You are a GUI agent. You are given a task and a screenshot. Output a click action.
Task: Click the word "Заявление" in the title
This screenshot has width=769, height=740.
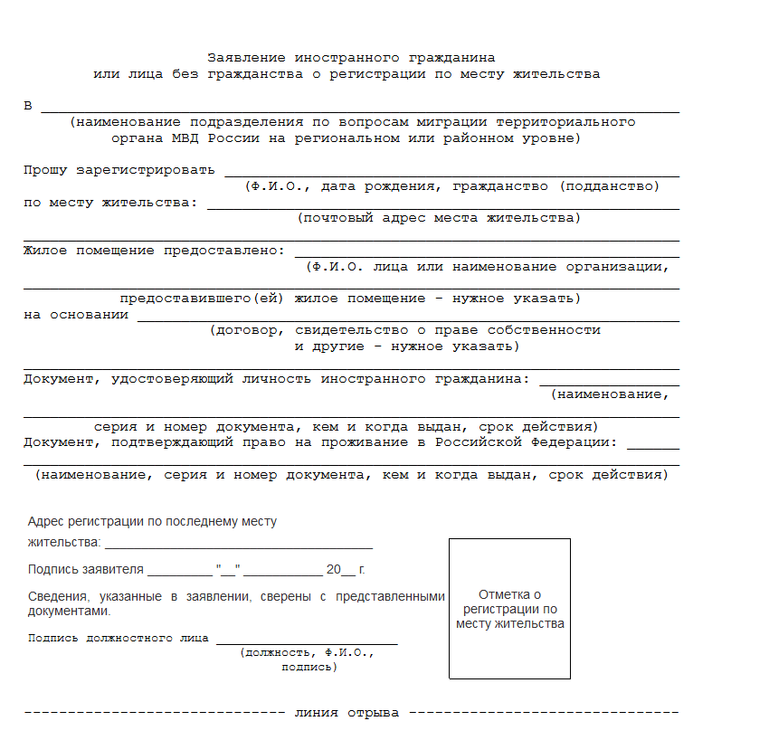(x=243, y=57)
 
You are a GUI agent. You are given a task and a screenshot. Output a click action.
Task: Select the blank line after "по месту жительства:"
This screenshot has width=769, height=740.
(x=442, y=206)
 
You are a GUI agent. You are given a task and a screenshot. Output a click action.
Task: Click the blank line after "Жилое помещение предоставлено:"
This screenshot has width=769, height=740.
(x=486, y=255)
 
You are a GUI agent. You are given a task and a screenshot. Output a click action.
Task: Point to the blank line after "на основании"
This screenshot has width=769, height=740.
(x=407, y=318)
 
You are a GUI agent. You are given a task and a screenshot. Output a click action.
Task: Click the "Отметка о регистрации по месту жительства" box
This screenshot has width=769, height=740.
(x=509, y=608)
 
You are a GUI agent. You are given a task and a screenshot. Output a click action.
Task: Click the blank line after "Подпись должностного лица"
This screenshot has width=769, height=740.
(x=306, y=641)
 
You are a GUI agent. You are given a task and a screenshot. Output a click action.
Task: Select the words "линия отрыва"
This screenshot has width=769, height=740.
(x=347, y=713)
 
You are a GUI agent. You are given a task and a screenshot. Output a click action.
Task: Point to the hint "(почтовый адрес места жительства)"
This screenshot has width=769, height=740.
(x=439, y=218)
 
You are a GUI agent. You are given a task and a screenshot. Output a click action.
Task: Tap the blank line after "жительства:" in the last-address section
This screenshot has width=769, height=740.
(x=238, y=546)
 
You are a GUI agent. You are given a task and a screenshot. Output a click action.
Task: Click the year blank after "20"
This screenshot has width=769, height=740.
(x=349, y=574)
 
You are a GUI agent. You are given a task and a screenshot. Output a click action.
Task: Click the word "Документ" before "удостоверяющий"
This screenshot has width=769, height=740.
(x=61, y=379)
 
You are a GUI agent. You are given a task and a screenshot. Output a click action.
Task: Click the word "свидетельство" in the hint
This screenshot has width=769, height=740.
(x=350, y=330)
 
